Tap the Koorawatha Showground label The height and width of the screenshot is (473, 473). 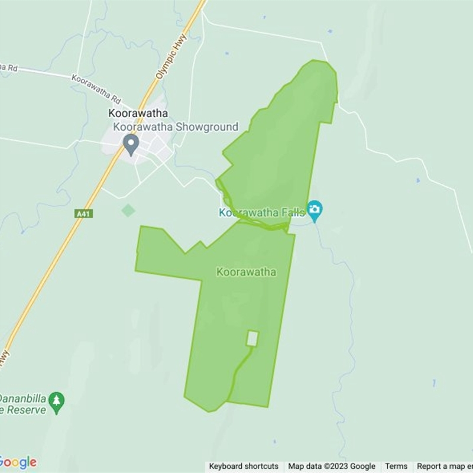pos(176,127)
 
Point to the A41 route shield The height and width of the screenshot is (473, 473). pos(83,213)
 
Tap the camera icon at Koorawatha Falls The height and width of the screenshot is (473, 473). pos(315,209)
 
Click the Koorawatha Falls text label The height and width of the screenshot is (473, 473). pos(261,212)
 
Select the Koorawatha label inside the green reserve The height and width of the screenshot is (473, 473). pos(246,272)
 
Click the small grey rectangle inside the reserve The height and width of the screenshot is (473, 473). pos(252,338)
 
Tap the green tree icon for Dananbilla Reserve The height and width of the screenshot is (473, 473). pos(57,401)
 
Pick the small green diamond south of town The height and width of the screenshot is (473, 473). pos(128,210)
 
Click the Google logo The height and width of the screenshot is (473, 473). pos(18,462)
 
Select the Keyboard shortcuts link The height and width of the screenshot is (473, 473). pos(244,466)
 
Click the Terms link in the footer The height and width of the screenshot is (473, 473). pos(396,466)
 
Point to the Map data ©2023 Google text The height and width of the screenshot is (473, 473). pos(332,466)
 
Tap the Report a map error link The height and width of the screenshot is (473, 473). pos(444,466)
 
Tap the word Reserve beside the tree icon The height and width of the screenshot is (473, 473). pos(26,410)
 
